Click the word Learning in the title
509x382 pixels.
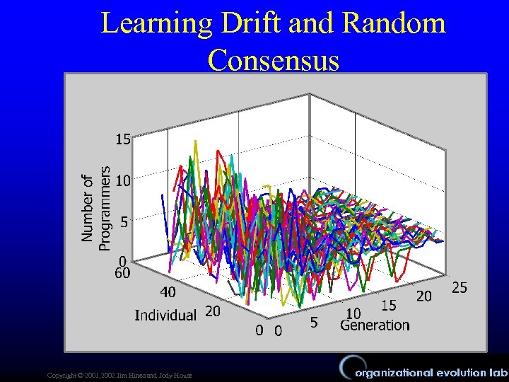pos(155,23)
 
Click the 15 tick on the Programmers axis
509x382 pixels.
pos(123,139)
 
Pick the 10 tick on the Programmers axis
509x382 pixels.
pos(123,180)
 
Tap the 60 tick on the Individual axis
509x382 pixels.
pos(122,274)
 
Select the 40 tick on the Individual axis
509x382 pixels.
pos(168,291)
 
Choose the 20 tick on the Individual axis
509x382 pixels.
pos(213,311)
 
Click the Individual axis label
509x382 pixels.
pos(165,315)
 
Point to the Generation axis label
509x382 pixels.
pos(375,325)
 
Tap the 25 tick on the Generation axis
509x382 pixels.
pos(460,288)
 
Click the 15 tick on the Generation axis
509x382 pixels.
pos(388,305)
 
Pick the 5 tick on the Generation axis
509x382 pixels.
pos(314,322)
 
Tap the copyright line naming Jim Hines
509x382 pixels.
pos(117,374)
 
